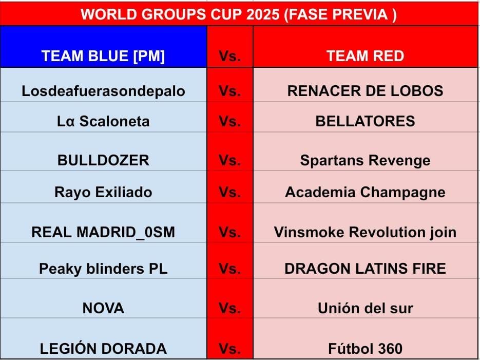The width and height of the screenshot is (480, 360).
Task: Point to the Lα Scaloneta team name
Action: coord(103,121)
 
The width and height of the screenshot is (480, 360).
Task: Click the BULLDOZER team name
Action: coord(103,160)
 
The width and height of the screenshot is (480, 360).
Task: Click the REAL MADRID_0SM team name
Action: coord(103,232)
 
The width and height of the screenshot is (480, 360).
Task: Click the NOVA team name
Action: coord(103,308)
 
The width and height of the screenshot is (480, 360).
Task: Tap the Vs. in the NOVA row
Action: coord(229,308)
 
